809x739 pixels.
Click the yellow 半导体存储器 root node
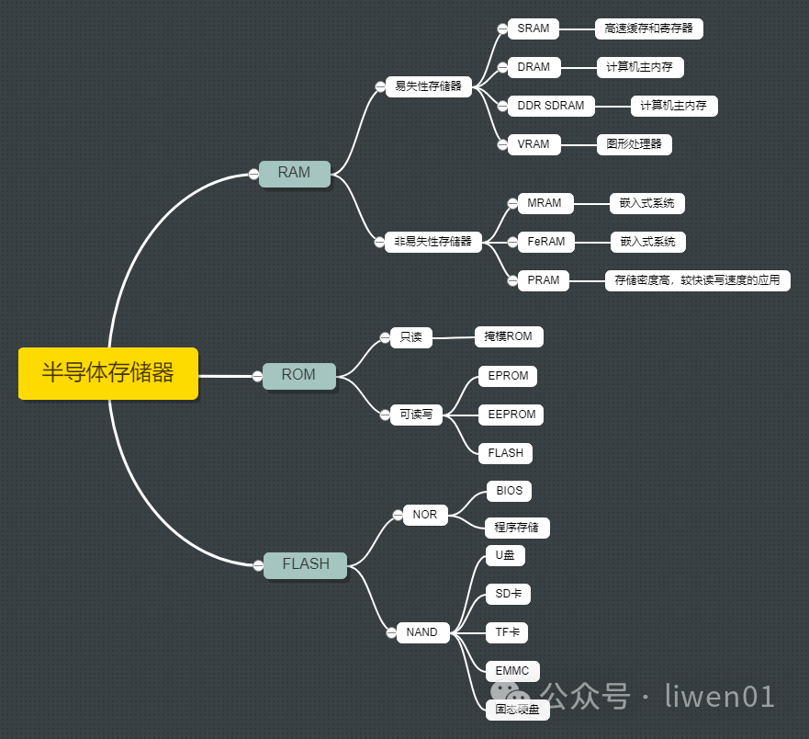click(x=107, y=373)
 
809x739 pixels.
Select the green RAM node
click(x=294, y=173)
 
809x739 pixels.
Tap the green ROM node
click(x=298, y=375)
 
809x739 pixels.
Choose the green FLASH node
click(x=305, y=564)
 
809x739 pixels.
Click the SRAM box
click(x=533, y=28)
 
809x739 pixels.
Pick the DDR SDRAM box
click(x=550, y=106)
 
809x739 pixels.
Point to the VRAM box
click(x=533, y=144)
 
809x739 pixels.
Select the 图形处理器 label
click(x=634, y=144)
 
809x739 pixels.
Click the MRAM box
click(x=544, y=203)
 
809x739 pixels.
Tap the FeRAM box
click(x=545, y=242)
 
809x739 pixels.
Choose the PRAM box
click(x=544, y=280)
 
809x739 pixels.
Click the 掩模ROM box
click(x=508, y=336)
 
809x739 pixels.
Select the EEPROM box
click(x=511, y=415)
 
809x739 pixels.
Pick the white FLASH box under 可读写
click(x=505, y=453)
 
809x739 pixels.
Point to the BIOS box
click(x=509, y=491)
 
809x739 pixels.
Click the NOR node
click(x=425, y=515)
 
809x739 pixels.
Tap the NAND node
click(x=421, y=632)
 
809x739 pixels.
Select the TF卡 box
click(x=507, y=632)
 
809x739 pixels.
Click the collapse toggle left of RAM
click(x=253, y=174)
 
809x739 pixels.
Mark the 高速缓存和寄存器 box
click(x=648, y=28)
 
